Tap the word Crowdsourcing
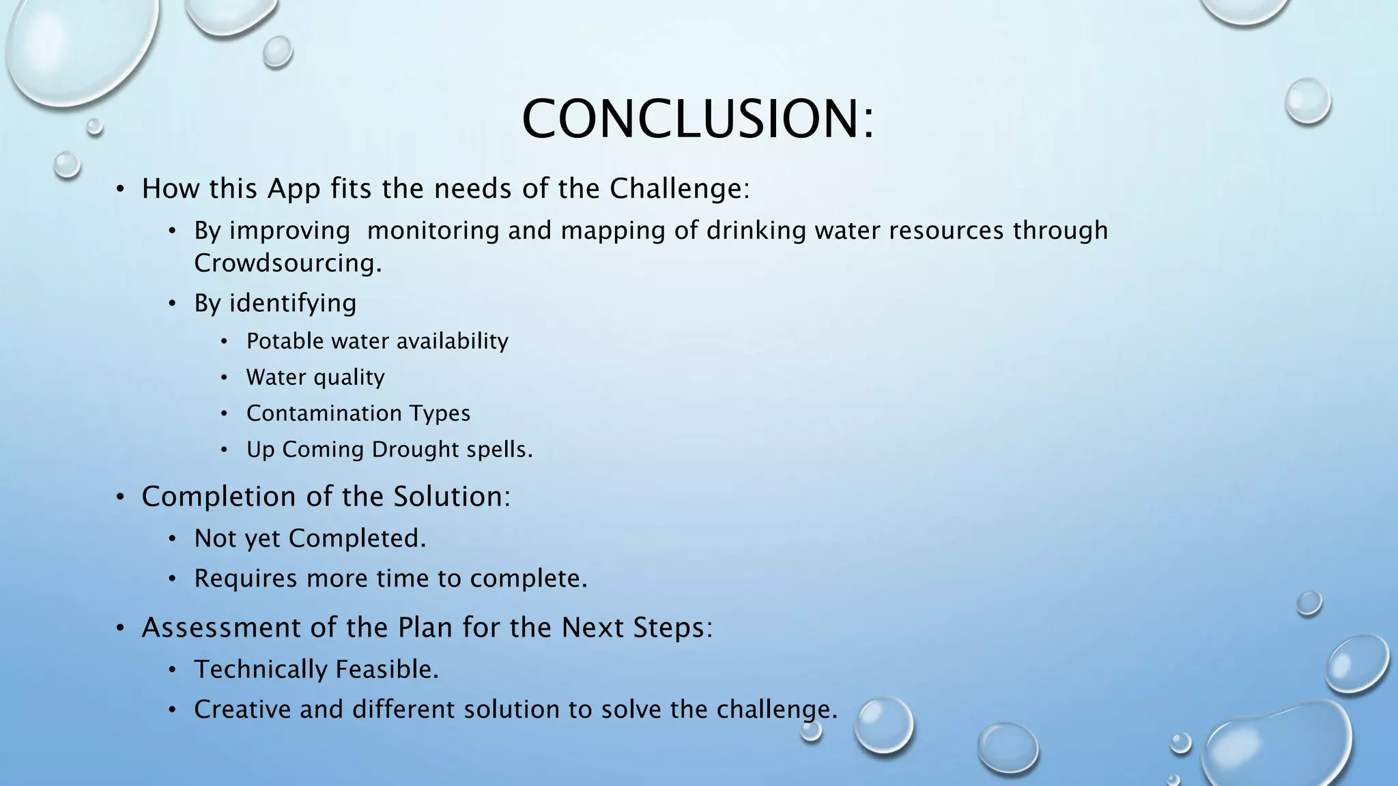287,263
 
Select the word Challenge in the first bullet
679,189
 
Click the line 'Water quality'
315,377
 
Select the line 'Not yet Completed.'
310,538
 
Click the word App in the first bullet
294,189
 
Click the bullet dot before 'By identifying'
173,304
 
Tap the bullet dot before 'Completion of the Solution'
120,497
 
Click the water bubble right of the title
1307,101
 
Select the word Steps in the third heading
672,628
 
